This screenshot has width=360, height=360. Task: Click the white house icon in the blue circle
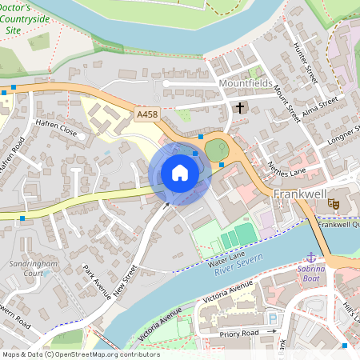coord(180,173)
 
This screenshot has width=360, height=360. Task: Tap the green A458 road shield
coord(147,115)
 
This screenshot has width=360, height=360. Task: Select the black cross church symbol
coord(238,107)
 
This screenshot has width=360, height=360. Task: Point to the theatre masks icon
coord(333,206)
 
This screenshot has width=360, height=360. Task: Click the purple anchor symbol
coord(311,258)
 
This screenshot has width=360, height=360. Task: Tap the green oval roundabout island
coord(216,149)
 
